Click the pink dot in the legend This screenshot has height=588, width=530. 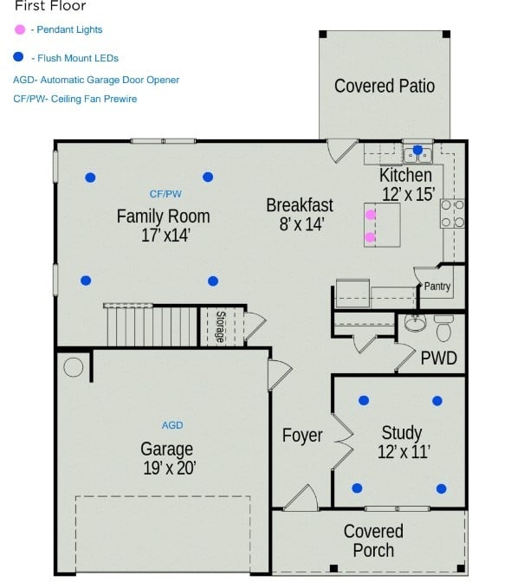click(20, 29)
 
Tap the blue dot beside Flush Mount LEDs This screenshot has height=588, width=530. click(20, 58)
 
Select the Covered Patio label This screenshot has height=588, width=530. click(385, 86)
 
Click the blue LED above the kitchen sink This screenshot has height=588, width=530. click(417, 151)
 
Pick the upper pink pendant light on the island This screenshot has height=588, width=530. click(371, 214)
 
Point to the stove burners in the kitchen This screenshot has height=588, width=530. click(452, 214)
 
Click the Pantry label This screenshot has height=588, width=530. click(437, 287)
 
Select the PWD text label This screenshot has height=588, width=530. click(437, 358)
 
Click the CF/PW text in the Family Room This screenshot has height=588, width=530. click(165, 194)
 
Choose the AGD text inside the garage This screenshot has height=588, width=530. click(172, 425)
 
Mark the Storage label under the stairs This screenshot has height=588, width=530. click(220, 326)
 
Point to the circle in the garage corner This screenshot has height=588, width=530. click(74, 367)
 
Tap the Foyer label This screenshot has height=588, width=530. click(302, 436)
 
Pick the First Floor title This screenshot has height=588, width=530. click(50, 6)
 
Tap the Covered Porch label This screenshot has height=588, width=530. click(373, 540)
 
